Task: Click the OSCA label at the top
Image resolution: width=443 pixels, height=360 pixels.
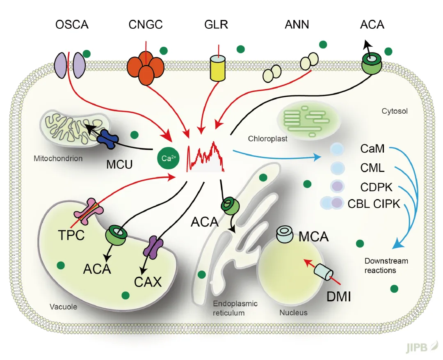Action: [72, 25]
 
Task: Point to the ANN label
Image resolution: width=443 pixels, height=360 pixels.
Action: [297, 25]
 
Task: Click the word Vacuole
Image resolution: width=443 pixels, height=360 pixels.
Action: [63, 306]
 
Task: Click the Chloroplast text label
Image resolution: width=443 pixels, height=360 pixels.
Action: [267, 139]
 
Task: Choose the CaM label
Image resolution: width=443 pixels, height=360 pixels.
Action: [372, 148]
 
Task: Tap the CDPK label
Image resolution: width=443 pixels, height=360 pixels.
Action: [377, 187]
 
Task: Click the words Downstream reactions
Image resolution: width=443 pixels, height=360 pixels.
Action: [386, 266]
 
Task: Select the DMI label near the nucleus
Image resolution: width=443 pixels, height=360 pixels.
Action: [338, 295]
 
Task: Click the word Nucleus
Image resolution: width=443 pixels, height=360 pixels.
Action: [293, 313]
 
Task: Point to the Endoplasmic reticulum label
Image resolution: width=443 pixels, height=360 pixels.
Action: [235, 308]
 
